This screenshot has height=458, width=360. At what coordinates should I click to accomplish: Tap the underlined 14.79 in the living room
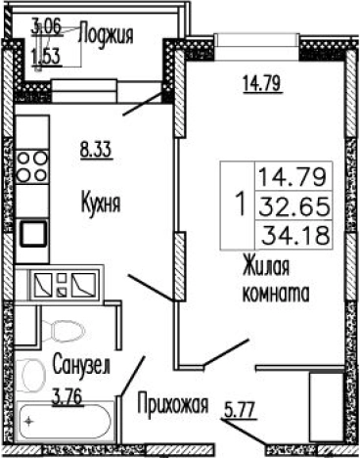point(261,82)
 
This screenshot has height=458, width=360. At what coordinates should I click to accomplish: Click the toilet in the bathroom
point(66,334)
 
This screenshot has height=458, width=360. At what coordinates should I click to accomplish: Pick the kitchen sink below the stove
point(35,232)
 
